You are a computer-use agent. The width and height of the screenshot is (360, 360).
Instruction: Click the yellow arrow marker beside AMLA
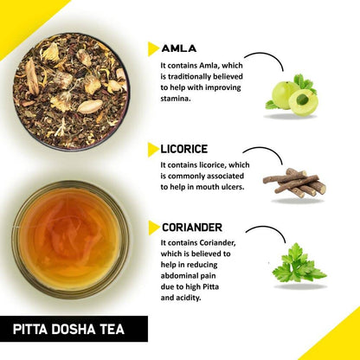click(x=153, y=48)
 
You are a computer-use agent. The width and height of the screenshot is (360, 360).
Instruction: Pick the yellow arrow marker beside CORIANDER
click(x=153, y=228)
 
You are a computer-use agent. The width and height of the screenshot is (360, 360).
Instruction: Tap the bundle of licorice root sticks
click(x=295, y=182)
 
